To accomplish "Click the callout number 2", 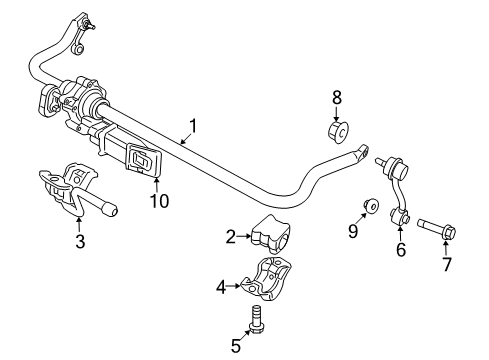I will pyautogui.click(x=232, y=237).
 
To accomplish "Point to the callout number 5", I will pyautogui.click(x=235, y=346).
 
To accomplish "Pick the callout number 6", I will pyautogui.click(x=401, y=250).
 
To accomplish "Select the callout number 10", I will pyautogui.click(x=159, y=200).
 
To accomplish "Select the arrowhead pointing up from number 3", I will pyautogui.click(x=79, y=220).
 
